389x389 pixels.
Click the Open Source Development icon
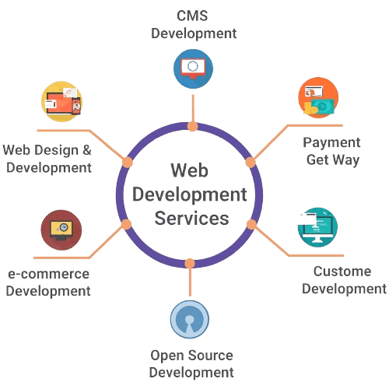click(191, 320)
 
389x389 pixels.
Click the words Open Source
click(191, 356)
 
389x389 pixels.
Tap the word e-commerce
click(47, 274)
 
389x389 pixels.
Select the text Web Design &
click(48, 148)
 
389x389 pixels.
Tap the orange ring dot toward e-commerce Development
click(127, 225)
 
